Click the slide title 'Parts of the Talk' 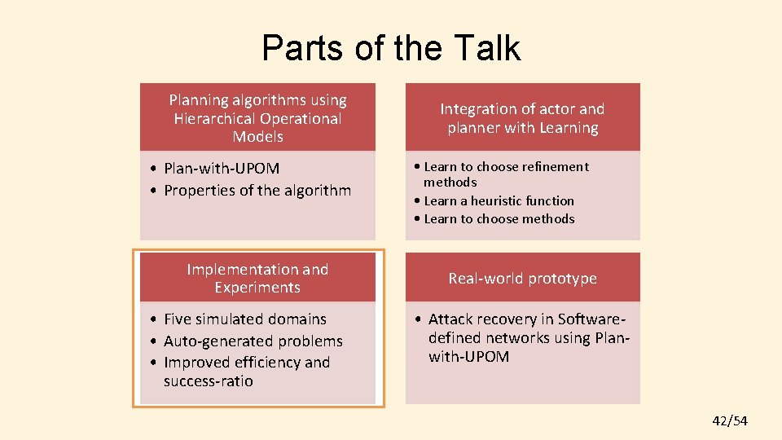391,48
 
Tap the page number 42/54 729,420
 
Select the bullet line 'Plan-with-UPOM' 222,169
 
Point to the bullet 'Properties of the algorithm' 257,191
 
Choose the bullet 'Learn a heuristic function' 499,200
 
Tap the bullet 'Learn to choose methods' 499,218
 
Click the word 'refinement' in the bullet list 545,167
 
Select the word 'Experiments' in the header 257,288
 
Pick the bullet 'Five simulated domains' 244,319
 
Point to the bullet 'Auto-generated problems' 253,341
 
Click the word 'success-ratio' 208,381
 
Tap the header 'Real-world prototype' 522,279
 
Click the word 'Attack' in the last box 451,319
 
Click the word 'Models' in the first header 257,137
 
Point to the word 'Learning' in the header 568,128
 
